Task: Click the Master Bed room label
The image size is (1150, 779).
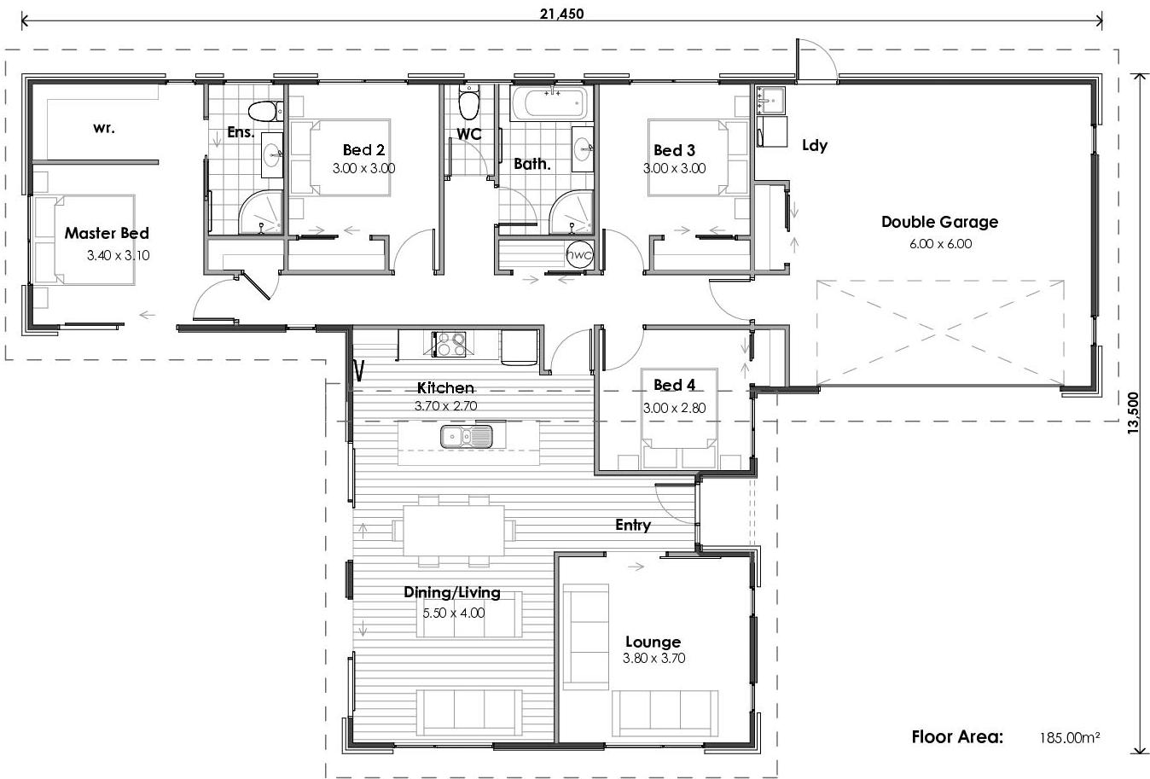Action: pyautogui.click(x=107, y=233)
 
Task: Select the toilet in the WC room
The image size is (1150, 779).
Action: pyautogui.click(x=468, y=105)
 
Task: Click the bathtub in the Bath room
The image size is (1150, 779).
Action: pyautogui.click(x=551, y=104)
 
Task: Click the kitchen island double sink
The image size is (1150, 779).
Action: pyautogui.click(x=467, y=437)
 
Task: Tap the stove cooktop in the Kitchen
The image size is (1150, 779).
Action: pyautogui.click(x=450, y=344)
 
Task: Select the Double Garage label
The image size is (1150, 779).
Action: pyautogui.click(x=939, y=222)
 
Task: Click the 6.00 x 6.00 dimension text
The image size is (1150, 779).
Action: pyautogui.click(x=940, y=243)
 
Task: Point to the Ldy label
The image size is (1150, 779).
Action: pyautogui.click(x=815, y=145)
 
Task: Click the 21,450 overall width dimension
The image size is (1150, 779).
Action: pyautogui.click(x=561, y=13)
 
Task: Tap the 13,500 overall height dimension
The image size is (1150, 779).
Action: pyautogui.click(x=1133, y=414)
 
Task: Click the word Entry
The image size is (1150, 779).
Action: pyautogui.click(x=633, y=525)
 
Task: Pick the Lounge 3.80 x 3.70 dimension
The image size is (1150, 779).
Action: pyautogui.click(x=653, y=658)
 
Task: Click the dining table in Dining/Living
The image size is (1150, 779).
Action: pyautogui.click(x=454, y=530)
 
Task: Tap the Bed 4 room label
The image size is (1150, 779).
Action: pyautogui.click(x=674, y=385)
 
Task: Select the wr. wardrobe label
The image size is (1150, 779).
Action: pyautogui.click(x=104, y=128)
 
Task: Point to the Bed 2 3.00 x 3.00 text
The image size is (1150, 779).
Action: pyautogui.click(x=363, y=168)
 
